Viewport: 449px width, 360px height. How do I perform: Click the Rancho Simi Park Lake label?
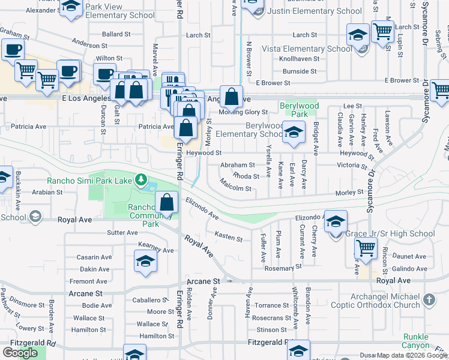[91, 180]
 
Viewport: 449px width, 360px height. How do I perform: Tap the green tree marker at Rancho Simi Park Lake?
[141, 179]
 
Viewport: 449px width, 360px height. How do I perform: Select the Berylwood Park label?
[298, 110]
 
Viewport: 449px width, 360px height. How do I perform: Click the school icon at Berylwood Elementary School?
[293, 133]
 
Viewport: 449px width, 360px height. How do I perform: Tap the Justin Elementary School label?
[315, 11]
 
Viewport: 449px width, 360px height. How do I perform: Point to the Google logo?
[20, 352]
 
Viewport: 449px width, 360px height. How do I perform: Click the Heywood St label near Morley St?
[203, 153]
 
